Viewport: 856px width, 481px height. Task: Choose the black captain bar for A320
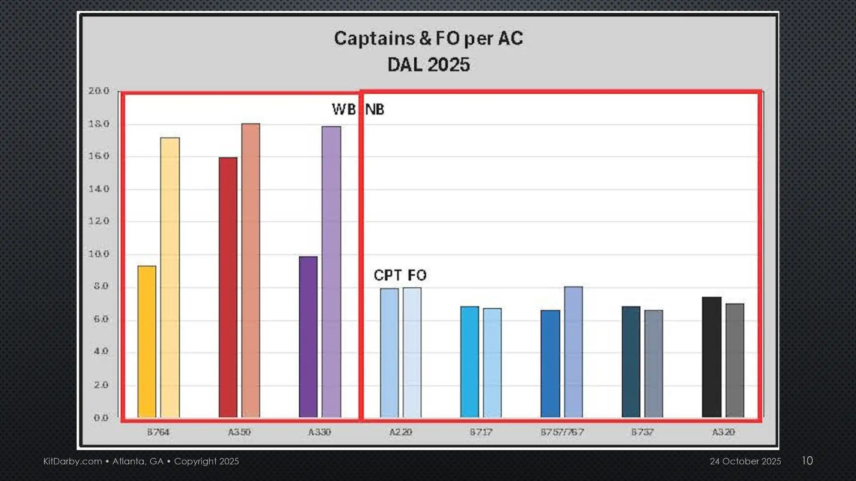(711, 357)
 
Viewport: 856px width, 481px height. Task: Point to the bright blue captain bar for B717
(470, 362)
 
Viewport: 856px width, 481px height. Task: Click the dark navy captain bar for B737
(631, 362)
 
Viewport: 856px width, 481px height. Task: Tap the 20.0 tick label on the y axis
(99, 91)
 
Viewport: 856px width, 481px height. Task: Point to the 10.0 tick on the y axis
(99, 254)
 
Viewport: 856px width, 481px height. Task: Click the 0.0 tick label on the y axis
(101, 418)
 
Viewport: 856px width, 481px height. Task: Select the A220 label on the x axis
(401, 432)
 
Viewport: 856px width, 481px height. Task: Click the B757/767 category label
(562, 432)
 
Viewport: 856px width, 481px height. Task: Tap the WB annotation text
(344, 109)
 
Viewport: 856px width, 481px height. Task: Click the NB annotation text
(375, 109)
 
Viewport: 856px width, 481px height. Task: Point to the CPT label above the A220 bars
(388, 275)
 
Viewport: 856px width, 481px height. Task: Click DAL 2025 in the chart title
(428, 65)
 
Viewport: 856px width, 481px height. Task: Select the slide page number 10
(807, 460)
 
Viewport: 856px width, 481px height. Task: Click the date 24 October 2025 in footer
(745, 461)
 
